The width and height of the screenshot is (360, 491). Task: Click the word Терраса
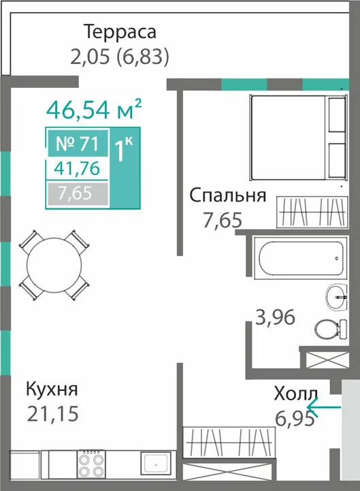click(x=120, y=32)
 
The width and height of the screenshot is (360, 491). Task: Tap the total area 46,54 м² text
click(x=94, y=109)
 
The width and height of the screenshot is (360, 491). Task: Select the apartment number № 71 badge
click(x=78, y=144)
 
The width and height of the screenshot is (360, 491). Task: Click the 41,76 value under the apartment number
click(x=77, y=168)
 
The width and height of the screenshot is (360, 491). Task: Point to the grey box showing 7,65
click(x=78, y=193)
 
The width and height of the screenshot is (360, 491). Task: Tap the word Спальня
click(x=228, y=195)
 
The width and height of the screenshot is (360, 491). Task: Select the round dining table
click(x=54, y=265)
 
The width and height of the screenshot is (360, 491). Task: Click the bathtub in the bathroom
click(x=301, y=258)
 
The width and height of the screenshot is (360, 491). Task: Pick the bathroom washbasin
click(x=336, y=297)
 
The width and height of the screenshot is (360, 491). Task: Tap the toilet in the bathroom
click(x=331, y=330)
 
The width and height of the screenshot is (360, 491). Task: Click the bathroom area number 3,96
click(x=276, y=317)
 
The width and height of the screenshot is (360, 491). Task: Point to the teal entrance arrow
click(x=324, y=407)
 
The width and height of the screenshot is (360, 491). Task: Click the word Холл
click(x=296, y=393)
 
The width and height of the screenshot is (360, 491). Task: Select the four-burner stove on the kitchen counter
click(x=91, y=464)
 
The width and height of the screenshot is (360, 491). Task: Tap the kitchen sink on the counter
click(x=156, y=464)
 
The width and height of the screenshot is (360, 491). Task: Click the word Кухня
click(x=52, y=390)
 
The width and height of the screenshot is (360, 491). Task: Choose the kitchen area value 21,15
click(x=52, y=413)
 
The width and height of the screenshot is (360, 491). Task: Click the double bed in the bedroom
click(x=299, y=138)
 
